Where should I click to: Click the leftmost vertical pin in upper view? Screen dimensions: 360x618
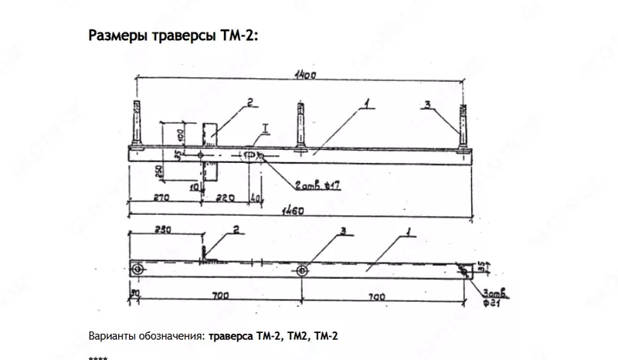138,127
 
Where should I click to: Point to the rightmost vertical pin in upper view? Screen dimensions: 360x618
463,127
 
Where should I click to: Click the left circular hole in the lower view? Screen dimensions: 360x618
138,269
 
